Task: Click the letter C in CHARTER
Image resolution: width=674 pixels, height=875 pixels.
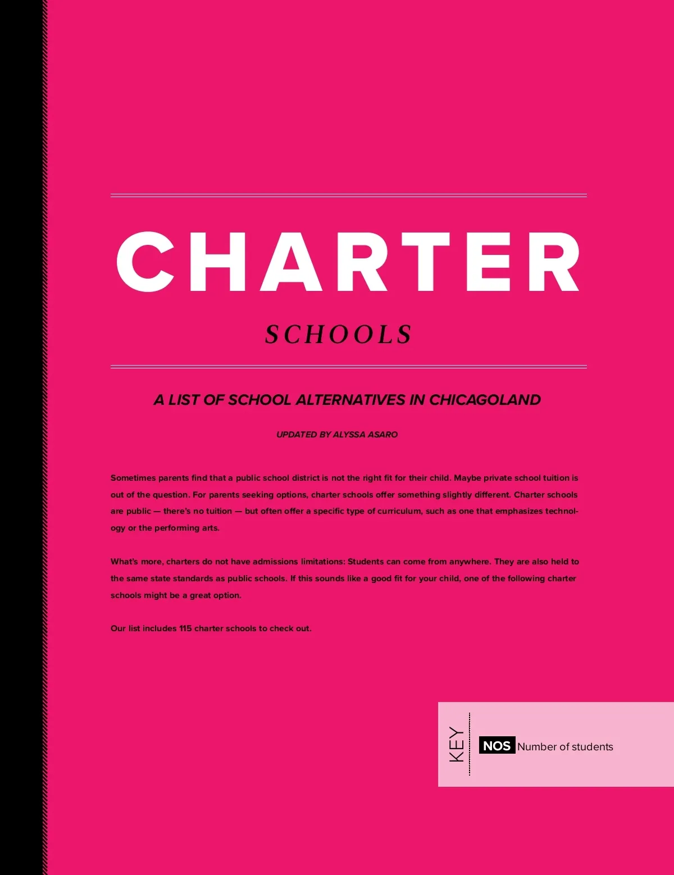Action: (x=145, y=262)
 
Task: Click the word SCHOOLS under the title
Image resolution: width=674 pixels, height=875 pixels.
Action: (x=339, y=335)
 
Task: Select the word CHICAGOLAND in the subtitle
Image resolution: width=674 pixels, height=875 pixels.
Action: (x=485, y=400)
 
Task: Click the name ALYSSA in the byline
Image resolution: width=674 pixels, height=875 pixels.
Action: (x=349, y=435)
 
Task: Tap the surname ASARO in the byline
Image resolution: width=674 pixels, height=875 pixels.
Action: (x=382, y=435)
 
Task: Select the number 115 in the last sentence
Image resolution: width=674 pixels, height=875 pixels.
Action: (x=185, y=628)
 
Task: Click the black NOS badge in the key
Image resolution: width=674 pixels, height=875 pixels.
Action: (x=497, y=746)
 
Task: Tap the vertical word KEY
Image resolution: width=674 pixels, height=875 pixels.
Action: (x=457, y=745)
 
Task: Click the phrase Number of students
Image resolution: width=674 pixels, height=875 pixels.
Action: (x=565, y=747)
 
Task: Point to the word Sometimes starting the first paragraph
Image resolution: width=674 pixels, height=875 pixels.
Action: (x=133, y=478)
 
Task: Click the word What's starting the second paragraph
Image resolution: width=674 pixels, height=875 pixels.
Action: (x=124, y=562)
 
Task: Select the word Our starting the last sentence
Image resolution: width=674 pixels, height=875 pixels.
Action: (x=118, y=628)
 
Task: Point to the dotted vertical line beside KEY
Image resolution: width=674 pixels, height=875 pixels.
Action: (x=470, y=745)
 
